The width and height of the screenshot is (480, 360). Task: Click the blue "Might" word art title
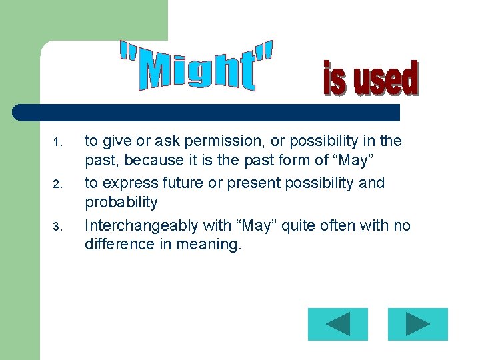(x=197, y=65)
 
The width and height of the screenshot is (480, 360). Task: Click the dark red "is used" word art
(x=371, y=79)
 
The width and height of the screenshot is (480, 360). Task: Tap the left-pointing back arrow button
(x=338, y=324)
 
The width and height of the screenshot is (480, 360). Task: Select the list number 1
(x=57, y=143)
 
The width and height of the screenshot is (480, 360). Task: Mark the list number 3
(x=57, y=227)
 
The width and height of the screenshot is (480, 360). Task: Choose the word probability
(x=121, y=203)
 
